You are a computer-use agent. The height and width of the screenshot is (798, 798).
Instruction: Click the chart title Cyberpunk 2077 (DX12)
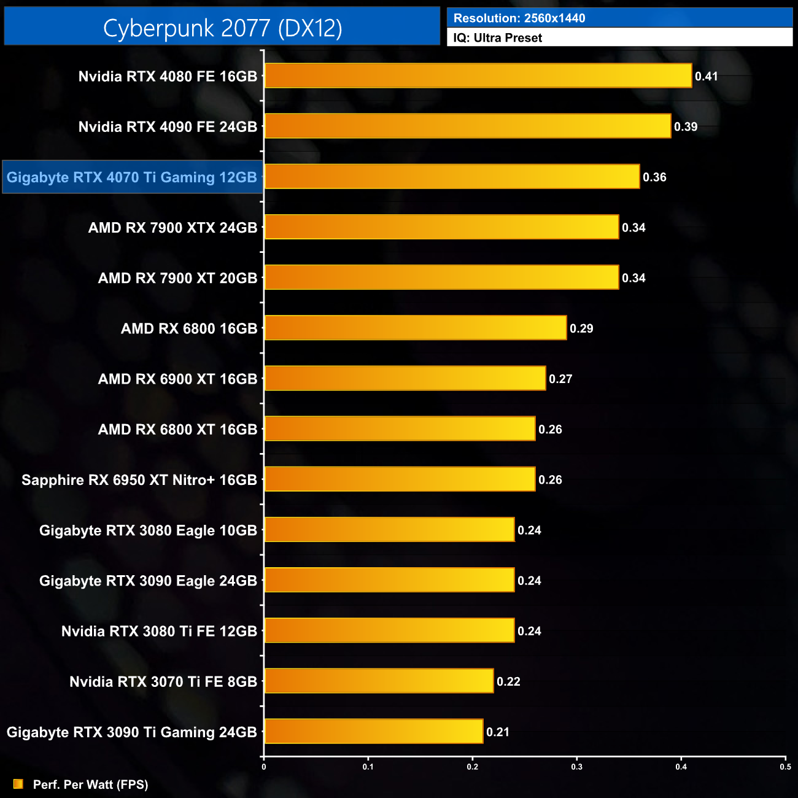click(222, 28)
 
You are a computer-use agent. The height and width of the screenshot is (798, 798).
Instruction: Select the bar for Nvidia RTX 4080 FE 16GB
click(478, 76)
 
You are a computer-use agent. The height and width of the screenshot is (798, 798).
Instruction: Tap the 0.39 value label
click(686, 127)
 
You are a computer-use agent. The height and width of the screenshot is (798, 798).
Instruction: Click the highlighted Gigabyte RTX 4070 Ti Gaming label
click(132, 177)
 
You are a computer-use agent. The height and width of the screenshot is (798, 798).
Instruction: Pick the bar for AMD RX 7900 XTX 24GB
click(441, 228)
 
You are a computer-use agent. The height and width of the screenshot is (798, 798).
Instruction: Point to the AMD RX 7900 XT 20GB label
click(177, 278)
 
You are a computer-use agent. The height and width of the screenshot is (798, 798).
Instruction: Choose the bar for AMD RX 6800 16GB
click(415, 328)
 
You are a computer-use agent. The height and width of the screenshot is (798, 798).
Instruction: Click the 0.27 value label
click(560, 379)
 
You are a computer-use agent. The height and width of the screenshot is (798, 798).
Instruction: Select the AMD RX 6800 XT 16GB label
click(177, 430)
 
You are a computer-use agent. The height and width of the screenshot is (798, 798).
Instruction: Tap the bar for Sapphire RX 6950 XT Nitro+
click(400, 480)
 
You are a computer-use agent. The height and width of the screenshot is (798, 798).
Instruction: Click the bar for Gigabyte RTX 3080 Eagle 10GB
click(389, 530)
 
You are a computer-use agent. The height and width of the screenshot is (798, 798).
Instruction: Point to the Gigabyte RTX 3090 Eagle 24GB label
click(148, 581)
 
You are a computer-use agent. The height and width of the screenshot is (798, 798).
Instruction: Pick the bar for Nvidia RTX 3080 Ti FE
click(389, 631)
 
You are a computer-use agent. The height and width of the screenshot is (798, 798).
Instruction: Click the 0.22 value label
click(508, 682)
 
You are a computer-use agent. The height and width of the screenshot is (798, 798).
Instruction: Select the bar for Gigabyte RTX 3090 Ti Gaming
click(373, 732)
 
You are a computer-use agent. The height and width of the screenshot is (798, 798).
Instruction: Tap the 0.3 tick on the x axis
click(577, 767)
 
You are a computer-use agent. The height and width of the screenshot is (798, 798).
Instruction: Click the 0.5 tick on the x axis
click(785, 767)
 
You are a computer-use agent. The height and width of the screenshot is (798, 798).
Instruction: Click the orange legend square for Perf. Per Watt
click(18, 784)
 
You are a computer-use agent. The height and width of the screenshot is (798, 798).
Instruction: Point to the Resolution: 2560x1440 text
click(519, 18)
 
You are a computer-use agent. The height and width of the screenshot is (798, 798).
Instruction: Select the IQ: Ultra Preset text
click(498, 38)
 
